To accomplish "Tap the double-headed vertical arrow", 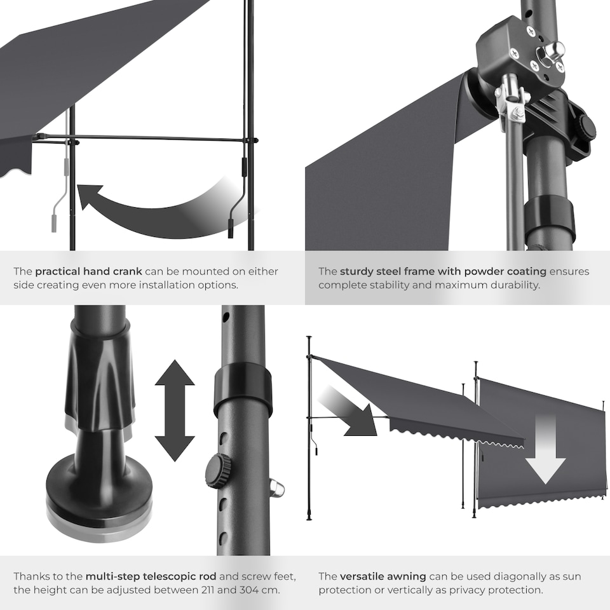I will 175,410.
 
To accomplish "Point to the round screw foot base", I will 98,489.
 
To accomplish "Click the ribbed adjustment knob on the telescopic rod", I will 217,471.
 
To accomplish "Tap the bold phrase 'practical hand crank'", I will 88,271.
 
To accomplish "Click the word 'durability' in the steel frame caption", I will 513,285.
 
